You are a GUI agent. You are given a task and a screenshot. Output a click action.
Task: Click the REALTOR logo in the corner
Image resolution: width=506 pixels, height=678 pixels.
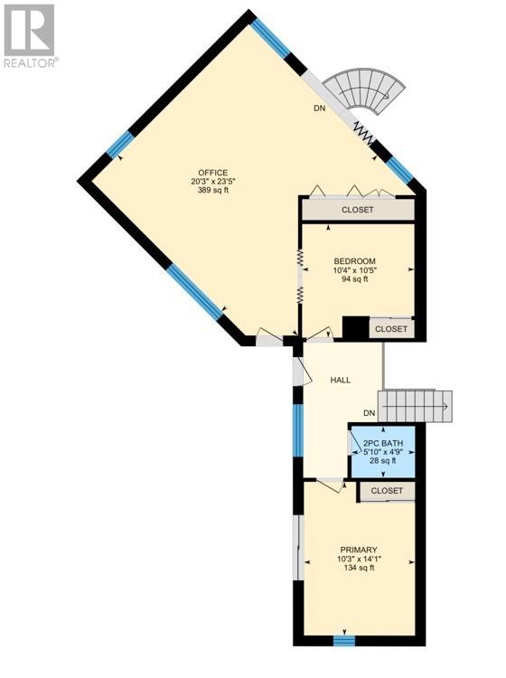pos(30,35)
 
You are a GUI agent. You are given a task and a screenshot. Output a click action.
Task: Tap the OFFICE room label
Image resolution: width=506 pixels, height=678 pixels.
pos(212,173)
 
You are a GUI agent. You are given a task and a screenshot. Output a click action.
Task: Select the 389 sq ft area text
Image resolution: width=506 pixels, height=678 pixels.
pos(212,190)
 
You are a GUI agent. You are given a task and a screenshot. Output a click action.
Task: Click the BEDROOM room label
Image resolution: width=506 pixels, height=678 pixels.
pos(354,261)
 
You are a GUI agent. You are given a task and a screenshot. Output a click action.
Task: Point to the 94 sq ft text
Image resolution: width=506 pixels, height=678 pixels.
pos(354,279)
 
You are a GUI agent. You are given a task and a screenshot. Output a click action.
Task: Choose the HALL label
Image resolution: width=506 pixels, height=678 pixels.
pos(341,380)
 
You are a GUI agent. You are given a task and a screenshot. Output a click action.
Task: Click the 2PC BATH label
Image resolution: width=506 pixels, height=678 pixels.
pos(383,443)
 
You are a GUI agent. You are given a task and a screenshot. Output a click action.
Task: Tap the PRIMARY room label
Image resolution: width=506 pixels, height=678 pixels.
pos(359,550)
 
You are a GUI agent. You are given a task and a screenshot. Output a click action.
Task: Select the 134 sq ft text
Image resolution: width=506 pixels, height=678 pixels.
pos(359,568)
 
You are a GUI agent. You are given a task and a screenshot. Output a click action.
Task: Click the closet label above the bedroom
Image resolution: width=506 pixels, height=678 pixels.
pos(357,210)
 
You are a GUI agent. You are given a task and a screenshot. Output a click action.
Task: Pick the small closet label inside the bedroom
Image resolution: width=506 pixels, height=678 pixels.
pos(391,329)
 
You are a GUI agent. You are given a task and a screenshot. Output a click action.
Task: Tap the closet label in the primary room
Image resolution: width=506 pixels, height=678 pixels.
pos(387,491)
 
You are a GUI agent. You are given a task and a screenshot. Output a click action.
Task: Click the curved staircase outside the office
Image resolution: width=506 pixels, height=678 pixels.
pos(365,92)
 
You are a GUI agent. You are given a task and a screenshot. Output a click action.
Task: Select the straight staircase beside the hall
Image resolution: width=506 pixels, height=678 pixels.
pos(415,407)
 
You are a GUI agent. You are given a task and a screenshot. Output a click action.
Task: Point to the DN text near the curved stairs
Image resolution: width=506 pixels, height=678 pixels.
pos(319,108)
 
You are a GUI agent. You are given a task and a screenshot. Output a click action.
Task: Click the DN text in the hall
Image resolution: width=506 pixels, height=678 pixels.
pos(369,413)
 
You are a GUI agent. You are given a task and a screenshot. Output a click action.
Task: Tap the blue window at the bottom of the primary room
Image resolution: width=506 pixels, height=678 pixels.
pos(344,641)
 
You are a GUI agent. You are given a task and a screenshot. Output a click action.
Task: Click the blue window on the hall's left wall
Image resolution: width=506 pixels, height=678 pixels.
pos(297,430)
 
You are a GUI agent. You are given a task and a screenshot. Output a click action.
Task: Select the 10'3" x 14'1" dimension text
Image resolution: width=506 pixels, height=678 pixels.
pos(359,559)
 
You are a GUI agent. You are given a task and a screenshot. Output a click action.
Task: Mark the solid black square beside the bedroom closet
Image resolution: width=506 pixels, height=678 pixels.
pos(355,328)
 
